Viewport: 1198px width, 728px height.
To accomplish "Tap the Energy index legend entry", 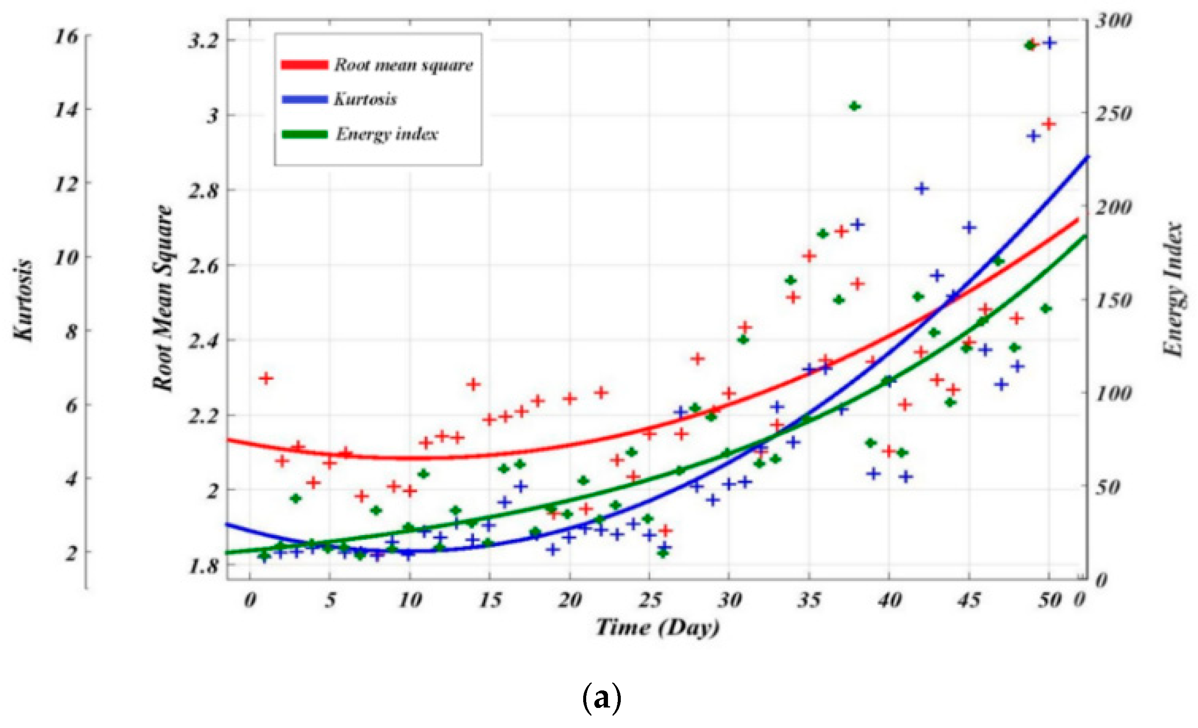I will (x=387, y=134).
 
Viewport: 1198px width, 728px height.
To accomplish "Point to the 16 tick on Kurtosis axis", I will (x=66, y=36).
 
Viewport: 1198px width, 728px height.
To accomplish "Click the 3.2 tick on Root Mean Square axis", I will (x=203, y=41).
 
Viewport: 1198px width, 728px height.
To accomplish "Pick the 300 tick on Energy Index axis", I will (x=1113, y=21).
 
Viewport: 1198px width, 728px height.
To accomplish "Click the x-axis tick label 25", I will (x=649, y=601).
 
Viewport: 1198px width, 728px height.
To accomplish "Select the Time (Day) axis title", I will (x=658, y=627).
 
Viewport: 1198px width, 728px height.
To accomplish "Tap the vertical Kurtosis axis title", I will (x=23, y=300).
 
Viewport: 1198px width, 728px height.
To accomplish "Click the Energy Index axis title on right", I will (x=1173, y=289).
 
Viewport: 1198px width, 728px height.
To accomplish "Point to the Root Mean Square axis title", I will (x=163, y=298).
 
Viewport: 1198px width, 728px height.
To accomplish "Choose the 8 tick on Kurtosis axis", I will (x=71, y=332).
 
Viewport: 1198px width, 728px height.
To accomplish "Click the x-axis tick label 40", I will (x=889, y=601).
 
